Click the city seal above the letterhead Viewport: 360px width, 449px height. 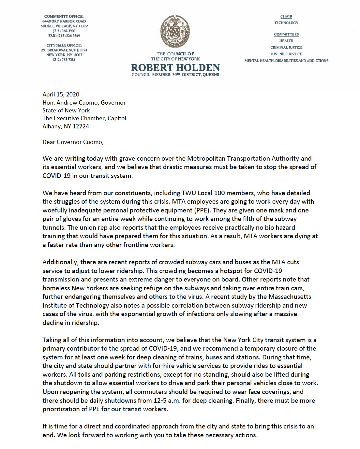coord(175,32)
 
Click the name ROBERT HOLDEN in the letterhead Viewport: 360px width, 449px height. coord(175,68)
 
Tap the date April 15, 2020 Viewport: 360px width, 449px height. coord(61,94)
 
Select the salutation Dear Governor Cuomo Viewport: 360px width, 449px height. coord(73,142)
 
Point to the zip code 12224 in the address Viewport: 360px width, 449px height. coord(81,126)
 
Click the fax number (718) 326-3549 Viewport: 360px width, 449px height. coord(64,36)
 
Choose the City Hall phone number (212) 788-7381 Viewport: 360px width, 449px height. coord(64,60)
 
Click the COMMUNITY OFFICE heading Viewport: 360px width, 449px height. coord(64,16)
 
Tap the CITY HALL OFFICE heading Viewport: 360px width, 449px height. coord(64,45)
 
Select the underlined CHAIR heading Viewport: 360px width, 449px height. coord(286,16)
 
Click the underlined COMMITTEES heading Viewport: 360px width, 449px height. coord(286,34)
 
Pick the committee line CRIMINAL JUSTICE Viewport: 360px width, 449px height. coord(286,48)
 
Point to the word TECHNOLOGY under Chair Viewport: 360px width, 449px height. coord(286,23)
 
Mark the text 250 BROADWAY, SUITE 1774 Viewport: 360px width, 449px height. coord(64,50)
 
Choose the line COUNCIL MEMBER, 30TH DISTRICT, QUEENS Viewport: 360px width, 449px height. coord(175,75)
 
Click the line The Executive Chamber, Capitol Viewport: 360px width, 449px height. coord(84,118)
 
